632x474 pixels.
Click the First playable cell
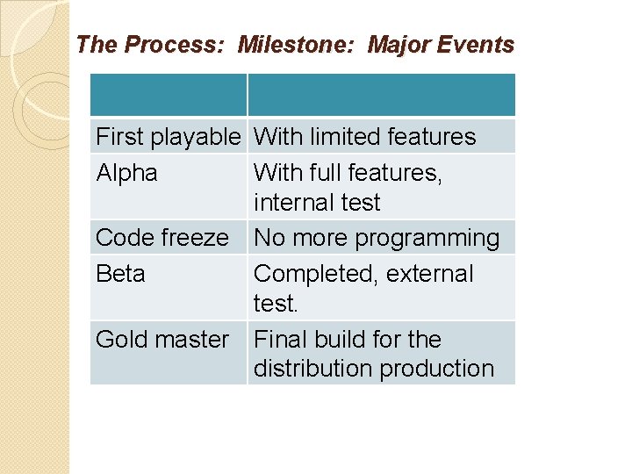168,137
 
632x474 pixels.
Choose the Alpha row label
126,173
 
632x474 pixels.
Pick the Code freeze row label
162,238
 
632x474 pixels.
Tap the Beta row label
120,274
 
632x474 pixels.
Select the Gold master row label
162,339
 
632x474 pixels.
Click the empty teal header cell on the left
169,95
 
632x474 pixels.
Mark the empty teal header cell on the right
381,95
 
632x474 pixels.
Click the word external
431,274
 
